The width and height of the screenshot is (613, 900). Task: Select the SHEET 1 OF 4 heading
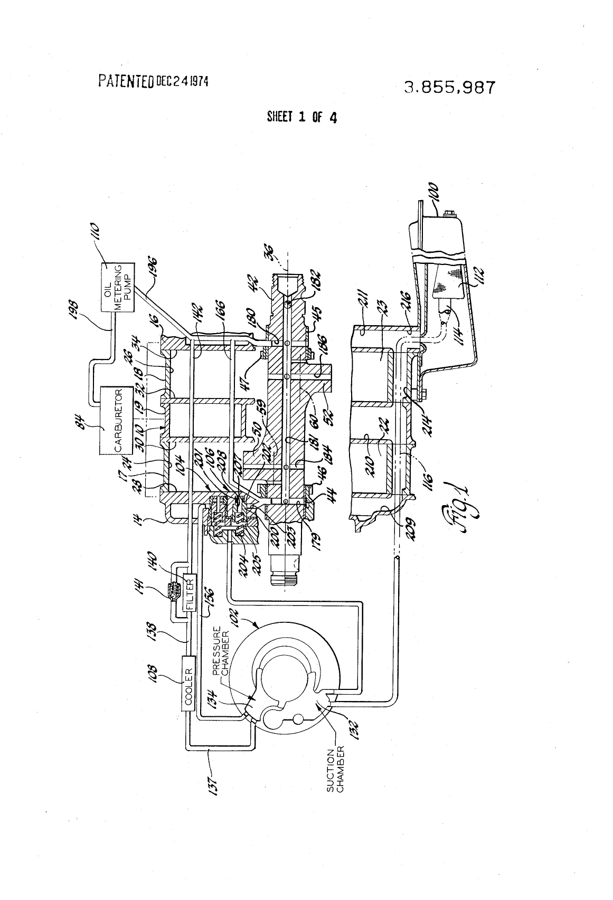[x=302, y=117]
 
